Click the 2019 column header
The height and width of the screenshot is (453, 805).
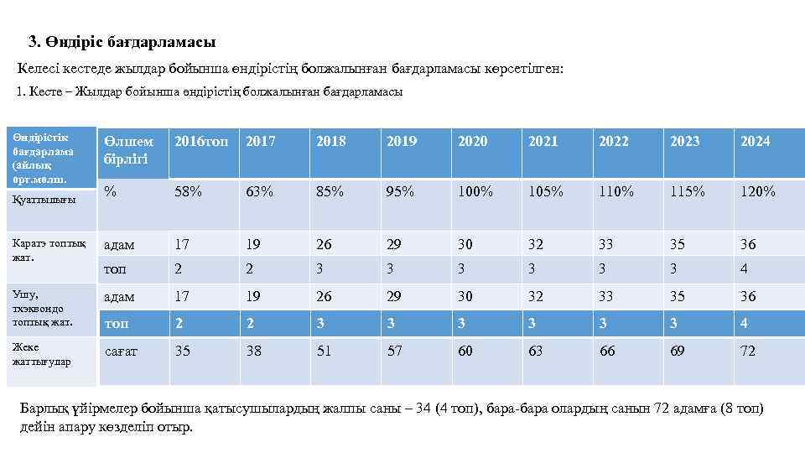coord(401,142)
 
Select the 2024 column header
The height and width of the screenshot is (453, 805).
coord(755,142)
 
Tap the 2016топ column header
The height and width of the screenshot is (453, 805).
coord(200,142)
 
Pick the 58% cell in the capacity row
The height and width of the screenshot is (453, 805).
coord(188,191)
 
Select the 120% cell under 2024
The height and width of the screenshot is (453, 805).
coord(757,191)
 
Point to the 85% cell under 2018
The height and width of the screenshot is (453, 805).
coord(330,191)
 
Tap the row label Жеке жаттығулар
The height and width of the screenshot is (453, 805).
coord(42,354)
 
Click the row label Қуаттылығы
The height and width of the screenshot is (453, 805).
coord(44,200)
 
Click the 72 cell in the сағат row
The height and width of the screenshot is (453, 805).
coord(747,351)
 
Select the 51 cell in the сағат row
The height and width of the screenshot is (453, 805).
coord(324,351)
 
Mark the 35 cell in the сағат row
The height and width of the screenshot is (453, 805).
coord(182,351)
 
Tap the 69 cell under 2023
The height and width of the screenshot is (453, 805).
coord(677,351)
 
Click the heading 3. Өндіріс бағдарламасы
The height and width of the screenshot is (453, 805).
coord(122,41)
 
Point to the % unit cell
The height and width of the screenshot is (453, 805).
coord(110,191)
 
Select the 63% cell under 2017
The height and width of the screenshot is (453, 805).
coord(259,191)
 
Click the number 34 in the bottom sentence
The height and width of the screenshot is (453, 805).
coord(424,409)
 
